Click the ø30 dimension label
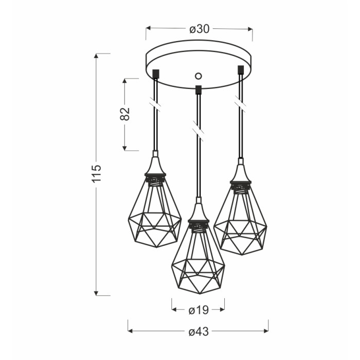(x=200, y=29)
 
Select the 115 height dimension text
(x=97, y=173)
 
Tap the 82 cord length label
(x=125, y=114)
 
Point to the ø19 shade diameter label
(x=199, y=311)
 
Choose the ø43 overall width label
(x=199, y=332)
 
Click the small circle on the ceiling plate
(x=198, y=76)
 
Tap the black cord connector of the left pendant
(x=156, y=74)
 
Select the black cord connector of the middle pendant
(x=198, y=90)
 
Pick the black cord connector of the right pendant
(x=241, y=70)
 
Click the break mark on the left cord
(x=156, y=104)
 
